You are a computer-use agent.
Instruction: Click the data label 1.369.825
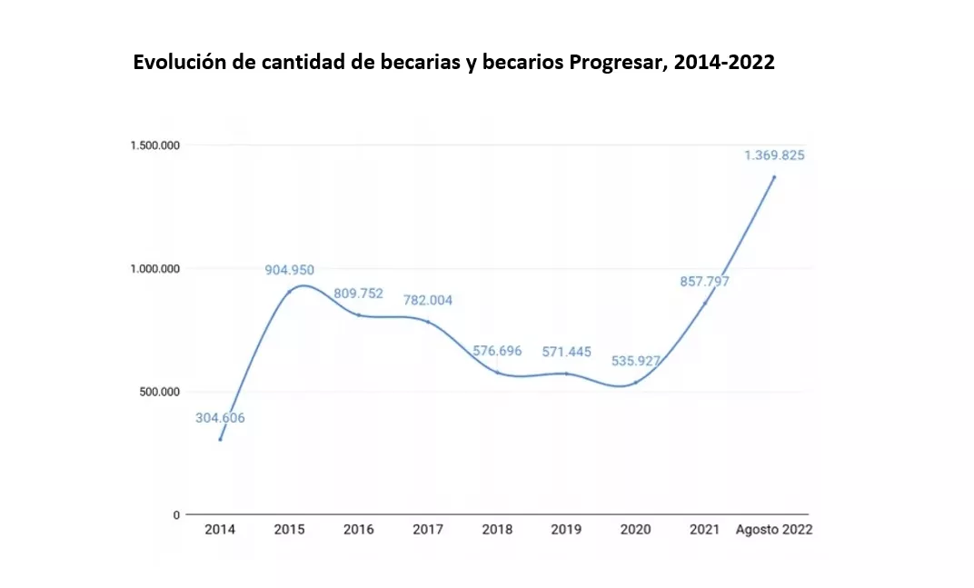[774, 155]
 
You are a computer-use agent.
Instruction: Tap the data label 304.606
[220, 418]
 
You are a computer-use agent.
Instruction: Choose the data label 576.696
[497, 351]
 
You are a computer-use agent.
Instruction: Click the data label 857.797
[704, 282]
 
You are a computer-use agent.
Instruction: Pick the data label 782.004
[428, 300]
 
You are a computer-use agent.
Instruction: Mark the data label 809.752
[359, 294]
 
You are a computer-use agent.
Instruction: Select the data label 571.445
[566, 352]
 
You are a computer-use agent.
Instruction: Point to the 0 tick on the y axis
[175, 515]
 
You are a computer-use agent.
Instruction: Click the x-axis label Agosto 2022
[773, 530]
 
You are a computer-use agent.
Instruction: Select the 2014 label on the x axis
[220, 530]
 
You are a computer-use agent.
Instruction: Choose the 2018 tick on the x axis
[497, 530]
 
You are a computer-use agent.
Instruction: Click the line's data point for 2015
[290, 292]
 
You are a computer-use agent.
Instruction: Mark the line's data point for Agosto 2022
[774, 177]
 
